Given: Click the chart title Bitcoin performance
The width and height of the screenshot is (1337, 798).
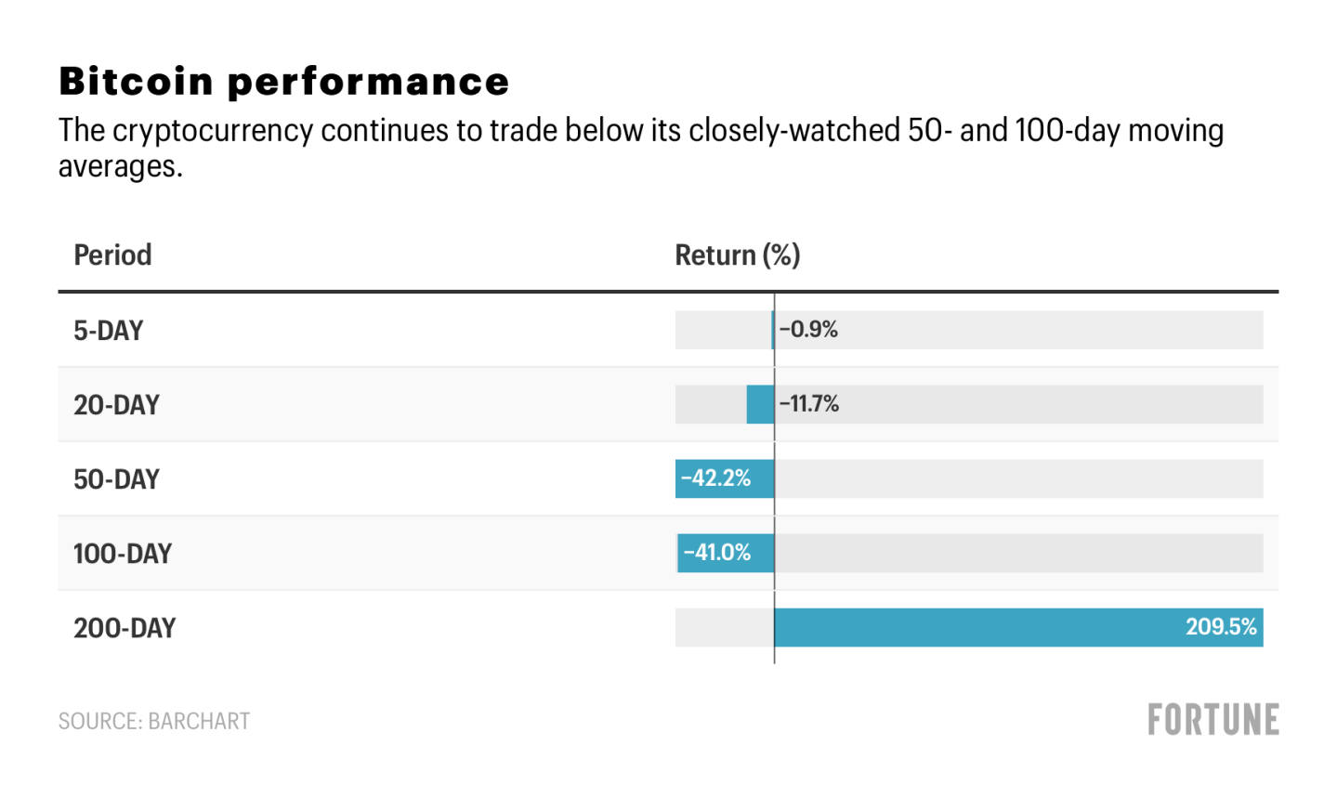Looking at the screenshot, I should pyautogui.click(x=283, y=82).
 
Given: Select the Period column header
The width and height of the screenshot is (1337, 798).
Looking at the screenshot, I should pyautogui.click(x=112, y=255).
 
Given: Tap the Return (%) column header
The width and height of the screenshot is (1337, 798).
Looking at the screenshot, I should pyautogui.click(x=737, y=255).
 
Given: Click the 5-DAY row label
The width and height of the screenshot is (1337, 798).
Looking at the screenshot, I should pyautogui.click(x=108, y=331).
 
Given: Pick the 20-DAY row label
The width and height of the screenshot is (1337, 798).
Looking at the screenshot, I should pyautogui.click(x=116, y=405).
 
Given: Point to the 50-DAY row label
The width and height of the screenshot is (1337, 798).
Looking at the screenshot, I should pyautogui.click(x=116, y=479).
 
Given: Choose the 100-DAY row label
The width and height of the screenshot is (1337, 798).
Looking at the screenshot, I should pyautogui.click(x=123, y=554).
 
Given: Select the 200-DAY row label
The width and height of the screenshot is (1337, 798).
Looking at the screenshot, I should pyautogui.click(x=125, y=628).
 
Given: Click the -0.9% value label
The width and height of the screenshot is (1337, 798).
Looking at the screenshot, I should pyautogui.click(x=808, y=330).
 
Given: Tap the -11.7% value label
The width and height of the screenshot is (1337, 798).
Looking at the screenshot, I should pyautogui.click(x=809, y=404).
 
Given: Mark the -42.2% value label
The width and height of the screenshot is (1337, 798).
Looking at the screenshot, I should pyautogui.click(x=715, y=478).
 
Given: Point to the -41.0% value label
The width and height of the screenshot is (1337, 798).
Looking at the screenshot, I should pyautogui.click(x=716, y=553).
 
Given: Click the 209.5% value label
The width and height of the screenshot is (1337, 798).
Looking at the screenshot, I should pyautogui.click(x=1221, y=627).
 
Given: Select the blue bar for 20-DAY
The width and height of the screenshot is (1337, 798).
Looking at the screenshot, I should pyautogui.click(x=760, y=405).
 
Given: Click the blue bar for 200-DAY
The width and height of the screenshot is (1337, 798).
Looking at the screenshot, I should pyautogui.click(x=976, y=628).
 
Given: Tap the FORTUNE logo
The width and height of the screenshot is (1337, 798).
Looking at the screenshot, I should pyautogui.click(x=1213, y=720).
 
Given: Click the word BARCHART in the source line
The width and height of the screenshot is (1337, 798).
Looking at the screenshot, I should pyautogui.click(x=199, y=722).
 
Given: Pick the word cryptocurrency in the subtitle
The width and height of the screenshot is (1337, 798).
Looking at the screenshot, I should pyautogui.click(x=213, y=131).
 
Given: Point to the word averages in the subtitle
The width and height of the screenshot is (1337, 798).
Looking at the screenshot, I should pyautogui.click(x=120, y=166).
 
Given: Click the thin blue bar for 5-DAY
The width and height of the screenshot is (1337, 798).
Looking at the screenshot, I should pyautogui.click(x=772, y=331).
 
